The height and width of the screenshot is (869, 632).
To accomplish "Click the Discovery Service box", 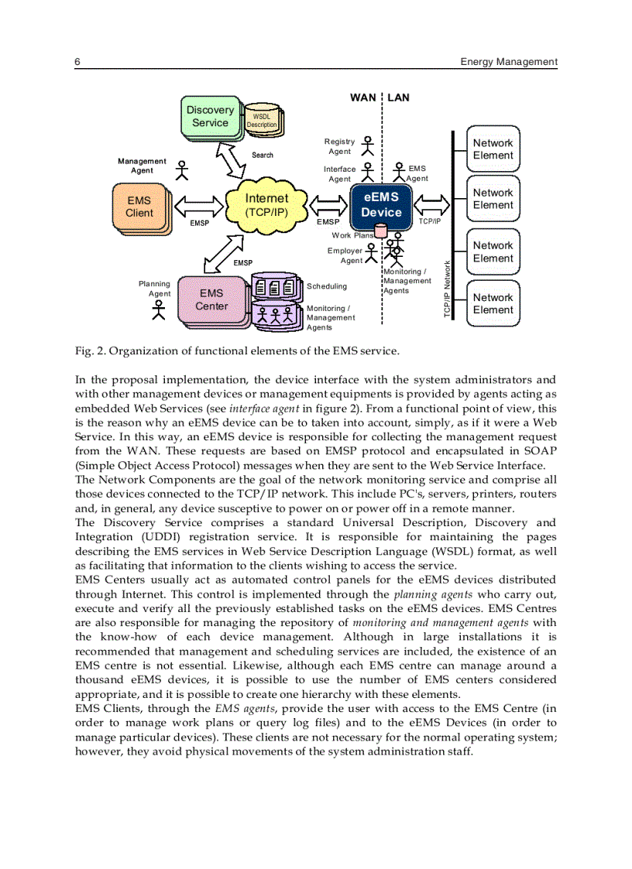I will (x=210, y=117).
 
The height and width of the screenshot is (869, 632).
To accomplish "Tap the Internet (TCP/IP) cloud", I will (x=266, y=205).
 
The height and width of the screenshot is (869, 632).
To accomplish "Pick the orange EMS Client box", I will (x=139, y=207).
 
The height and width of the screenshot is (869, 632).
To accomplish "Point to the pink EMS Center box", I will (x=211, y=299).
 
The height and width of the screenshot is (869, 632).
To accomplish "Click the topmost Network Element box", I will (x=493, y=149).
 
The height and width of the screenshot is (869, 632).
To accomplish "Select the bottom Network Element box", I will (x=493, y=304).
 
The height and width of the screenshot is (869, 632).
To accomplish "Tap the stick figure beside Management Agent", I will (x=183, y=169).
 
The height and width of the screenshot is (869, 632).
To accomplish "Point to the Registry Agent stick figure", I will (x=368, y=145).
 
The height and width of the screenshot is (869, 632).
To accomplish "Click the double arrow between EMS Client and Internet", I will (x=199, y=207).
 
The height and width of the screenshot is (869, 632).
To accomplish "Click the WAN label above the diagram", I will (x=362, y=98).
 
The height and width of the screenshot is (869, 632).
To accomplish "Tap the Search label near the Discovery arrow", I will (x=263, y=155).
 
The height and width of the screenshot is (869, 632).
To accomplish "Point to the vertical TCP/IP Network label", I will (x=447, y=289).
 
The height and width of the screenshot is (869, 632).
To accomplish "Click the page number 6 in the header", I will (x=77, y=62).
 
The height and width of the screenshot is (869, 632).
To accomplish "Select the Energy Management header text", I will (x=508, y=62).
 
